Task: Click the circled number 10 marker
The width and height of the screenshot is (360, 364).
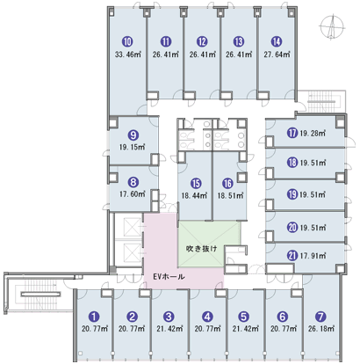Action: point(127,42)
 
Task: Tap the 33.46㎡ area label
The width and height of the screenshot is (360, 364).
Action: point(128,55)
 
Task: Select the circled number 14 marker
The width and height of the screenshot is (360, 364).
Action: point(277,42)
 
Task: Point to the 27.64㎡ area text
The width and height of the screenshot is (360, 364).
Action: point(277,55)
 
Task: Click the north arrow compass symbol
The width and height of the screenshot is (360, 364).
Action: point(332,27)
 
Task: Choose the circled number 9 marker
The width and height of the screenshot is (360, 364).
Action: point(133,135)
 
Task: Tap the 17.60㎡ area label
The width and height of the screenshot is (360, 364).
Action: point(133,194)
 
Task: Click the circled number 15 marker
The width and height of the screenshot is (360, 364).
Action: point(196,184)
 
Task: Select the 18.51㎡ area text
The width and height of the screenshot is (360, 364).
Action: point(230,195)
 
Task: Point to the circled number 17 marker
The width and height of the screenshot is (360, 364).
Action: point(292,134)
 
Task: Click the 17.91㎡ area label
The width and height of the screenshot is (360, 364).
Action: point(313,256)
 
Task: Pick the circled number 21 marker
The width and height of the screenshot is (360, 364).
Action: point(292,256)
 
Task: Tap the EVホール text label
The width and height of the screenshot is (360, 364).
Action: point(169,276)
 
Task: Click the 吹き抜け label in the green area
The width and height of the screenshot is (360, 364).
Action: point(202,249)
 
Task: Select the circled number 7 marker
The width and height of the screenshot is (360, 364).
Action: point(320,317)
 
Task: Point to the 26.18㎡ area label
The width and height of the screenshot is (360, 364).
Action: point(321,329)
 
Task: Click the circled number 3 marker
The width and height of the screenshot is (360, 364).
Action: point(169,317)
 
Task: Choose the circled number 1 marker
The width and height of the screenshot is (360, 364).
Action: point(94,317)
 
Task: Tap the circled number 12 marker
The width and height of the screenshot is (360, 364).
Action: point(202,42)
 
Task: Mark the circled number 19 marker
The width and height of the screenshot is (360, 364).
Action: point(292,194)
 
